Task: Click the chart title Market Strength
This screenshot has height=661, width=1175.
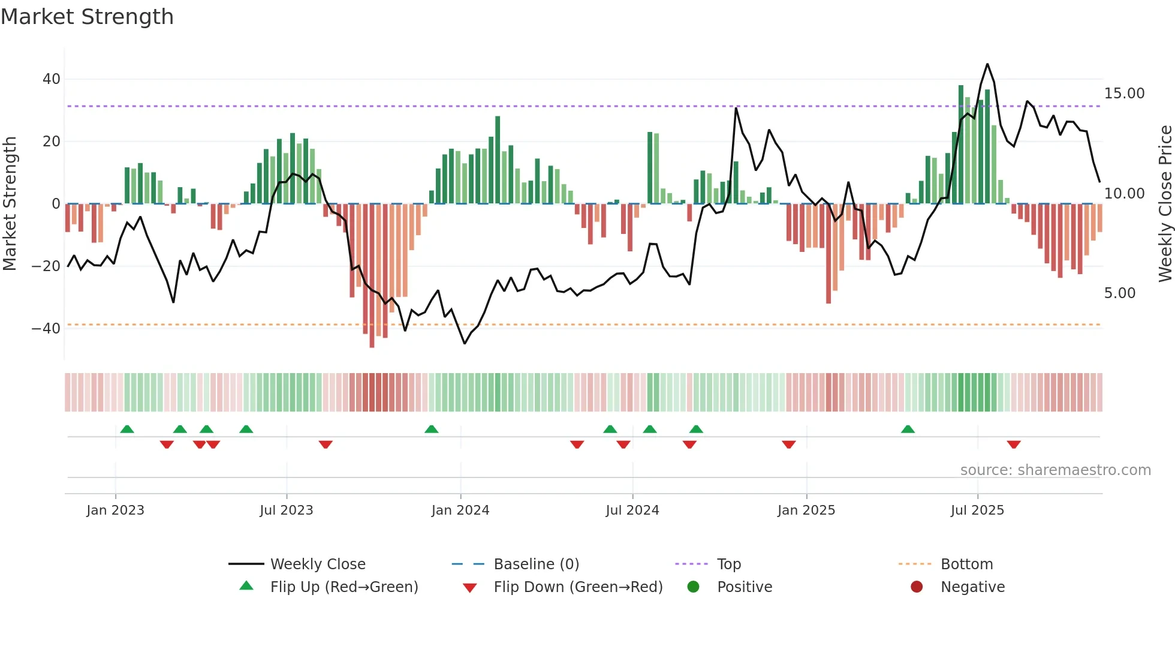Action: tap(87, 17)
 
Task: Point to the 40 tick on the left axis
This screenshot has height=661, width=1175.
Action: tap(51, 79)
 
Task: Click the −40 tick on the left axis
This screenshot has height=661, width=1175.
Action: tap(46, 329)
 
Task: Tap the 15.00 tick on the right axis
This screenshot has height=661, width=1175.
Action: tap(1124, 94)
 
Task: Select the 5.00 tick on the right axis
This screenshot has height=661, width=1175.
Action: tap(1119, 293)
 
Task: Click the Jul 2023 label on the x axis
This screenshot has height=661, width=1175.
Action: tap(286, 510)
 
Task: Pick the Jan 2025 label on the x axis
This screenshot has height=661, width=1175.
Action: tap(806, 510)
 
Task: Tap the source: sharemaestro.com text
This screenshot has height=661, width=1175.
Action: tap(1055, 470)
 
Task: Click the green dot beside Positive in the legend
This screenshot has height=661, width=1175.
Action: tap(693, 587)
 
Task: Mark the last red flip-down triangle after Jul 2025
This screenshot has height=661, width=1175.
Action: tap(1013, 444)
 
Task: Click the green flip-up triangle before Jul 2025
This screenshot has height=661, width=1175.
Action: tap(908, 429)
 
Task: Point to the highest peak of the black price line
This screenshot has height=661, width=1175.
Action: tap(987, 64)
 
